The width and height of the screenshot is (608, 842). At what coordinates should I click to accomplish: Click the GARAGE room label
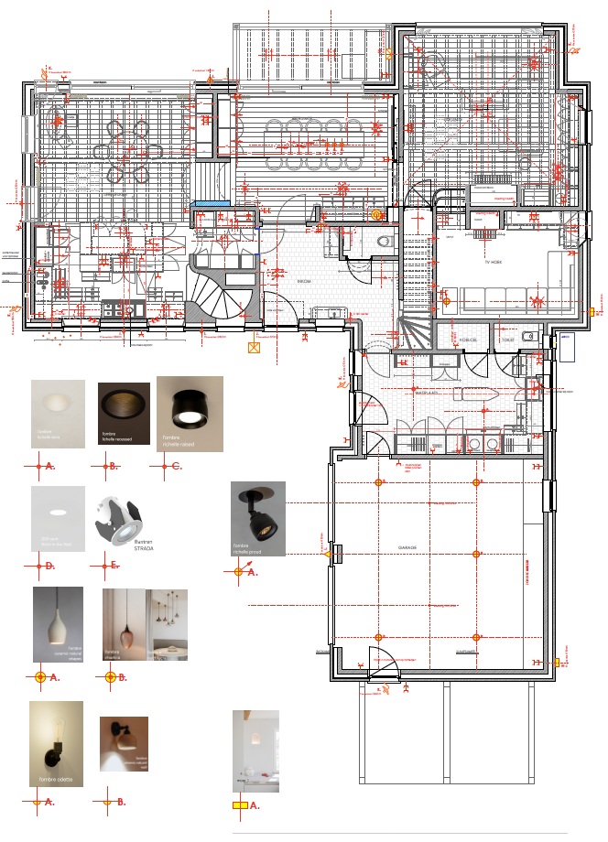(407, 547)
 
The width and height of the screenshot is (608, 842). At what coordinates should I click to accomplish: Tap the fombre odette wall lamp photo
(56, 744)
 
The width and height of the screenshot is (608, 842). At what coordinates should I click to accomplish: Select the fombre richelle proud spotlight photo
(257, 518)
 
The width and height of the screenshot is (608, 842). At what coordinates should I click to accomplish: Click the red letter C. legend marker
(177, 467)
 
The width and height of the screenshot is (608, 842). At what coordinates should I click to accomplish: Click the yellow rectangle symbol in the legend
(239, 806)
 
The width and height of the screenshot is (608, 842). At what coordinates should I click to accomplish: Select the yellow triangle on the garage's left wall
(326, 554)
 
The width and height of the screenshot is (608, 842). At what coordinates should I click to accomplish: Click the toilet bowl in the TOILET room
(528, 337)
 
